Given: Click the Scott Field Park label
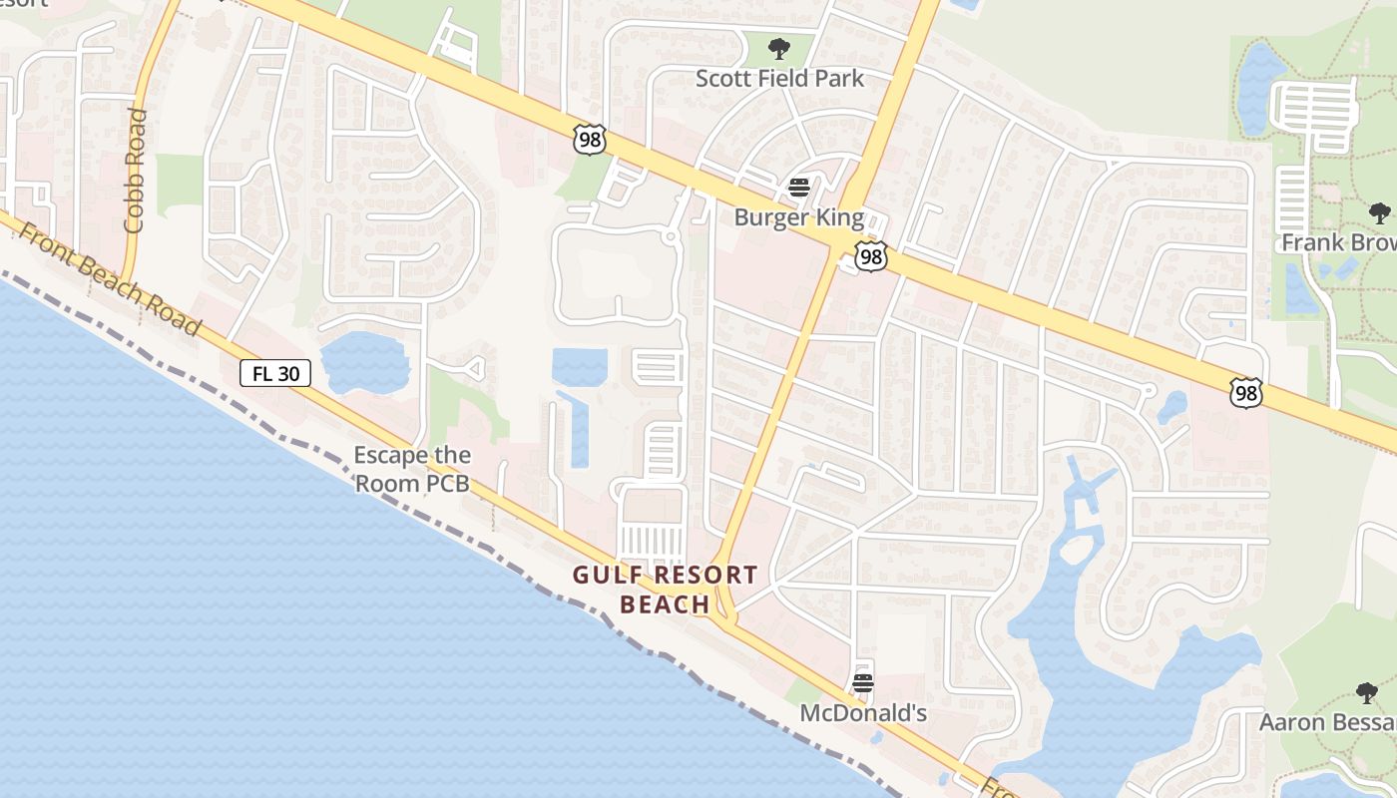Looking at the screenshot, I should pyautogui.click(x=779, y=78).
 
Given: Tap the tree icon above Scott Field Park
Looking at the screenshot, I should pyautogui.click(x=779, y=48).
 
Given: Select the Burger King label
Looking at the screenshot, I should pyautogui.click(x=799, y=216).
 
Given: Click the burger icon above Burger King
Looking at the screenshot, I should pyautogui.click(x=798, y=187).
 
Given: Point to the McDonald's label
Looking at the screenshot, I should pyautogui.click(x=863, y=713).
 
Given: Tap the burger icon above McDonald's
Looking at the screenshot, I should pyautogui.click(x=863, y=683).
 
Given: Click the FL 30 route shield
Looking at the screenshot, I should pyautogui.click(x=275, y=374).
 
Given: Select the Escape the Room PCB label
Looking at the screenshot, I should pyautogui.click(x=412, y=470).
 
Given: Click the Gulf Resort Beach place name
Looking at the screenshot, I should pyautogui.click(x=665, y=590).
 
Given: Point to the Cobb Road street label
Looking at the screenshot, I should pyautogui.click(x=135, y=171).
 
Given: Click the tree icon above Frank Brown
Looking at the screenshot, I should pyautogui.click(x=1379, y=212).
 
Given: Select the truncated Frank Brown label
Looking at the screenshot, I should pyautogui.click(x=1338, y=242).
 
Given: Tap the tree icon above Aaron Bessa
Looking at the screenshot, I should pyautogui.click(x=1367, y=692).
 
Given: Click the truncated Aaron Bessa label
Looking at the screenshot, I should pyautogui.click(x=1327, y=722).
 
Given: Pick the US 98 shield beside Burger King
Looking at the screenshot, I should pyautogui.click(x=871, y=256).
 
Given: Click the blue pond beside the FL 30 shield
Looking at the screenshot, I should pyautogui.click(x=364, y=361).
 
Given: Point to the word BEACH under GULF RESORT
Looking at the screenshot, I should pyautogui.click(x=665, y=604).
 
